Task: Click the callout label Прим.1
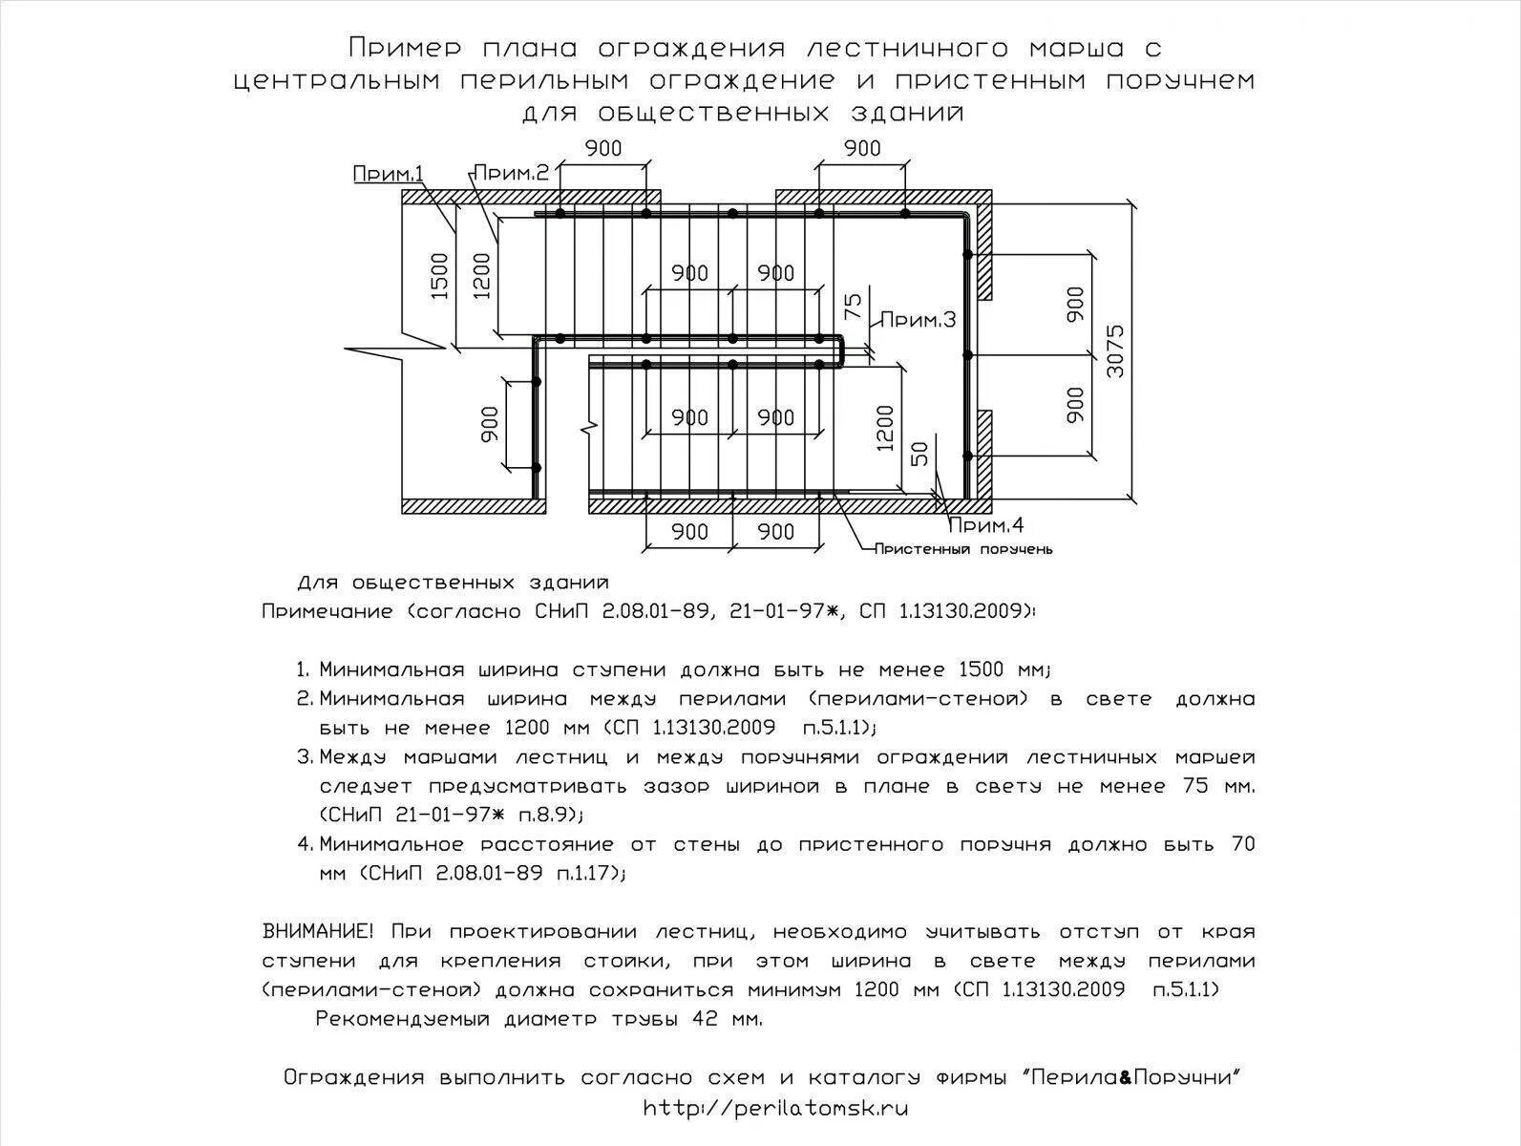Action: coord(389,174)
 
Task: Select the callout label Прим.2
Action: coord(512,173)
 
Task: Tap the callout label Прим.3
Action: coord(917,320)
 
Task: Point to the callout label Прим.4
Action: coord(986,524)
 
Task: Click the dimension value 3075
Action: coord(1115,351)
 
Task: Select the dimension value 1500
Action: coord(440,276)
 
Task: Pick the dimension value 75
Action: coord(854,305)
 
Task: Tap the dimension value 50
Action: coord(919,454)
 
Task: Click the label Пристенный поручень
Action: coord(963,549)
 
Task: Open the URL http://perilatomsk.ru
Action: coord(774,1109)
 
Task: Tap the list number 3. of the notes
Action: coord(305,757)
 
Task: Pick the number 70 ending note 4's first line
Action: coord(1242,844)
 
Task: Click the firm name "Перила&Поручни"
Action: coord(1131,1078)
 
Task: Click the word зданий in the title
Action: coord(907,113)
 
